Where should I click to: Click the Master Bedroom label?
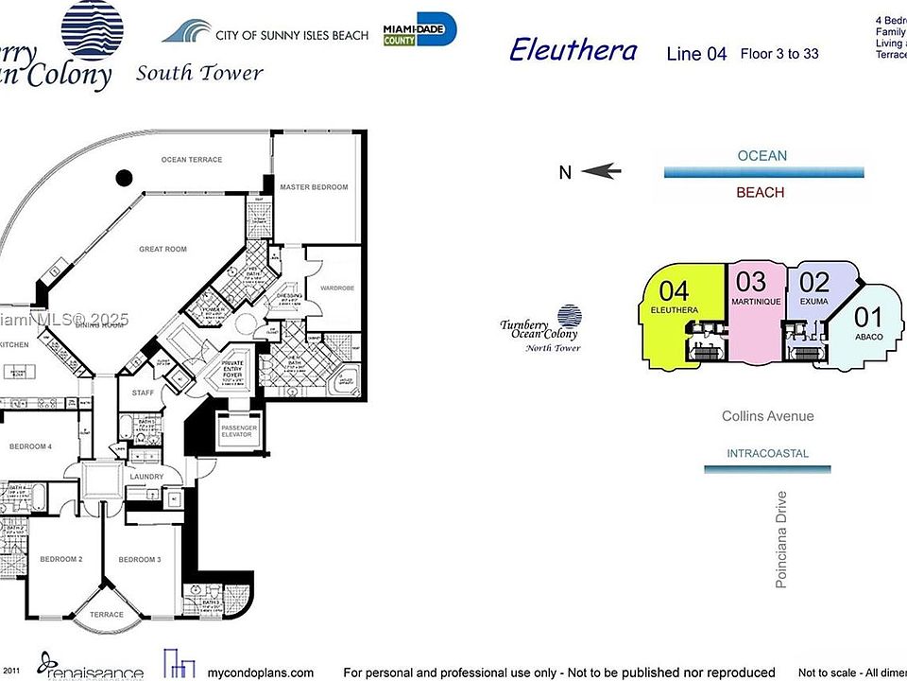[x=314, y=187]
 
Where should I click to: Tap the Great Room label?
[x=163, y=249]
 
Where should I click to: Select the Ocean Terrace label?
[x=192, y=160]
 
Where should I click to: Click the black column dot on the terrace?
[x=124, y=177]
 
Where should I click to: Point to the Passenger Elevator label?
[x=239, y=432]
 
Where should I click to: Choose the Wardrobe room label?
[x=337, y=288]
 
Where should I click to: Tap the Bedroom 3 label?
[x=140, y=560]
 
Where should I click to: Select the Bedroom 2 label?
[x=60, y=560]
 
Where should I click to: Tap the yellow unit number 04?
[x=674, y=290]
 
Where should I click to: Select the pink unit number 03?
[x=751, y=281]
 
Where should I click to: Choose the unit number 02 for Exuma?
[x=814, y=282]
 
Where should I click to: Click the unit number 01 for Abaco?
[x=867, y=318]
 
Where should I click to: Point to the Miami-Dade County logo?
[x=419, y=30]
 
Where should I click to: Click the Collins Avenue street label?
[x=767, y=416]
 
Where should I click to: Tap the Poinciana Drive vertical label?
[x=781, y=539]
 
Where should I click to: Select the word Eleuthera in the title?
[x=573, y=50]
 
